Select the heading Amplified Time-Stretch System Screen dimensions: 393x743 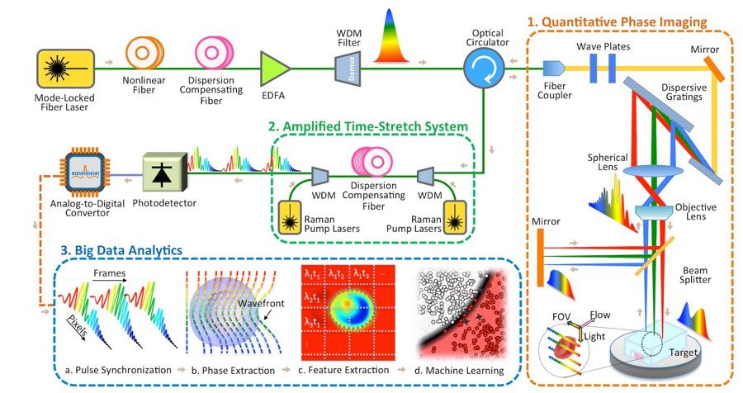tap(368, 128)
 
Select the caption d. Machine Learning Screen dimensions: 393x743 tap(462, 371)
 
